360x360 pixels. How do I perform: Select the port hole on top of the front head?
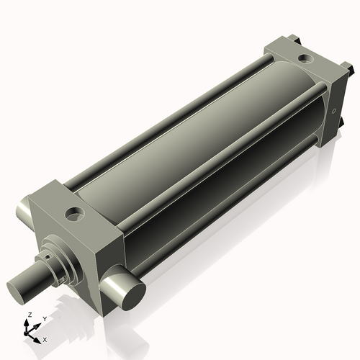[x=73, y=213]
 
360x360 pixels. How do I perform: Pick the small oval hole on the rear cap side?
[x=333, y=112]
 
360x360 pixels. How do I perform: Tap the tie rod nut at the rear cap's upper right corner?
[x=348, y=69]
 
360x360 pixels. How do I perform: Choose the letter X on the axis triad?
[x=45, y=338]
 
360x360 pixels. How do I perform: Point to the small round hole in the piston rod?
[x=45, y=255]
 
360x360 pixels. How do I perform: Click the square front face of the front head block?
[x=72, y=256]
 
